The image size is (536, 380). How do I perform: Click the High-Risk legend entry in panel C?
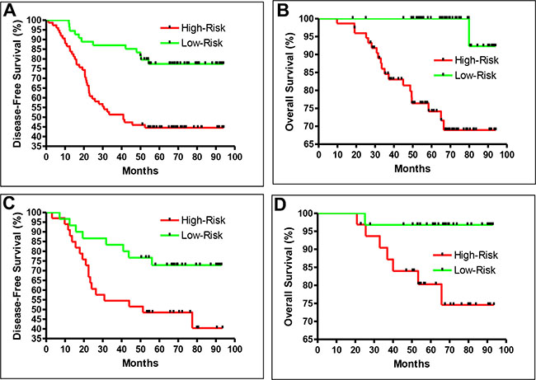[179, 221]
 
